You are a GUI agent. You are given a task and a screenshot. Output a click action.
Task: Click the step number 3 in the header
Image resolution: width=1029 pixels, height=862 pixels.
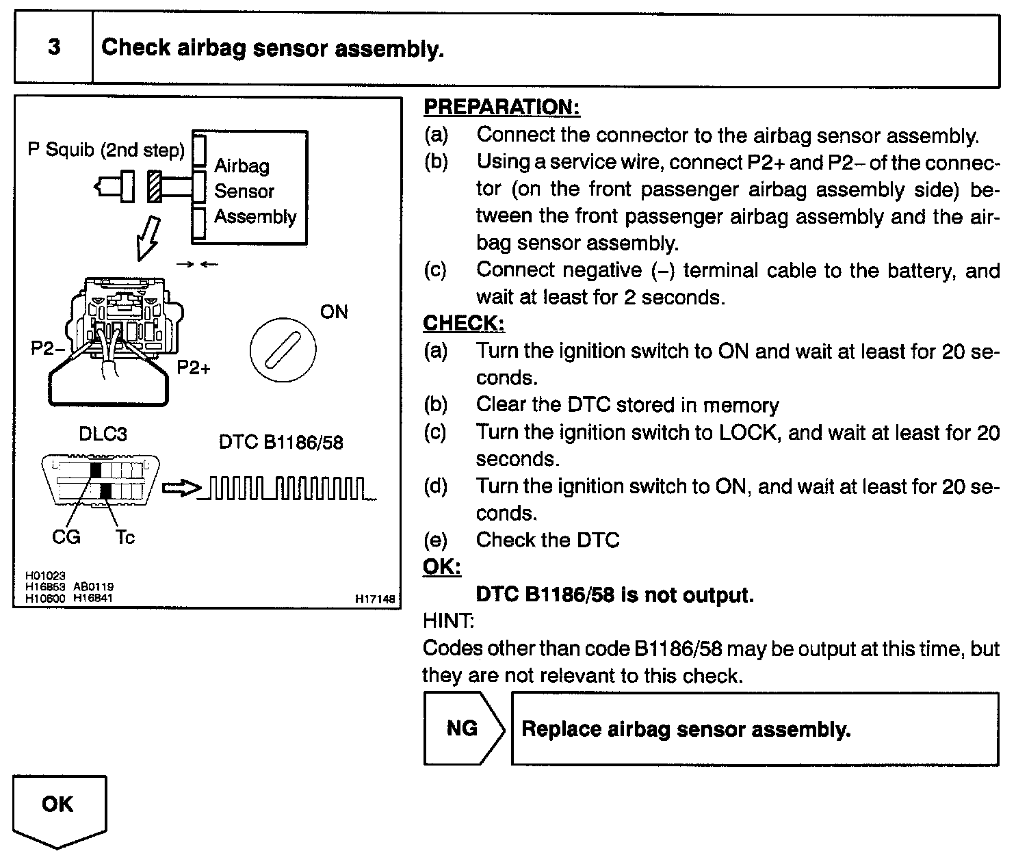click(53, 47)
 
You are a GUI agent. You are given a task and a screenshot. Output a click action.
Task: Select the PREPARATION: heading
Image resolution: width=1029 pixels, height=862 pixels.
click(502, 107)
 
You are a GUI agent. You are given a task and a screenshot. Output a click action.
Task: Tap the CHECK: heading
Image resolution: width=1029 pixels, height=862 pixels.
click(463, 323)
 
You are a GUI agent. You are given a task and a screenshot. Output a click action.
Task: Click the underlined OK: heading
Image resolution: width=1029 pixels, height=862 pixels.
click(441, 567)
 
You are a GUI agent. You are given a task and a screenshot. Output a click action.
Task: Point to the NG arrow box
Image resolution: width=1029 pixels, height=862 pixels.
click(463, 728)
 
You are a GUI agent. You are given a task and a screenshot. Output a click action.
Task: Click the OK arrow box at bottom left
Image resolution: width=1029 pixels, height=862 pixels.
click(60, 808)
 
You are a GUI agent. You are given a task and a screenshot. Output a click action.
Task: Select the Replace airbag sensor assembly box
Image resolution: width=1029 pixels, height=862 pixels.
click(754, 729)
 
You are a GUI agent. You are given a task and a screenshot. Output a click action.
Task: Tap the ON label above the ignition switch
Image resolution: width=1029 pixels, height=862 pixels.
click(334, 313)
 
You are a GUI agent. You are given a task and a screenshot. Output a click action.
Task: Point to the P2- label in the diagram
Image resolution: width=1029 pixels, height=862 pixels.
click(47, 349)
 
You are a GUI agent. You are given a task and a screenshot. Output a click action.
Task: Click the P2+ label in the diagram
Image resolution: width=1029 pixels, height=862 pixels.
click(194, 368)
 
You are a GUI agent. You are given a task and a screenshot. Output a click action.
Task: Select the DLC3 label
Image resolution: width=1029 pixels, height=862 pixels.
click(103, 434)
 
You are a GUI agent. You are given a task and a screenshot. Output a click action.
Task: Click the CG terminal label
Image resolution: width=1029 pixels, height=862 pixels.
click(66, 538)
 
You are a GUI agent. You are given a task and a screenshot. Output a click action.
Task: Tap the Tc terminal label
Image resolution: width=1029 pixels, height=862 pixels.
click(125, 538)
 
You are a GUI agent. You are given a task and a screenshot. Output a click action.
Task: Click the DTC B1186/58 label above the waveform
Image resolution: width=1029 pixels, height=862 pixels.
click(281, 443)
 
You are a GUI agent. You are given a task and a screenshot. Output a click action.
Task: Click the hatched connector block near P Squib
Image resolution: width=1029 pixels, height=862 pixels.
click(154, 187)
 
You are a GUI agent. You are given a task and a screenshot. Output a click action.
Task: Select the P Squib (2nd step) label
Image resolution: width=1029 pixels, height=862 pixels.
click(106, 150)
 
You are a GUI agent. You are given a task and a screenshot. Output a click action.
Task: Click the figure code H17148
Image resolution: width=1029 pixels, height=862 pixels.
click(375, 599)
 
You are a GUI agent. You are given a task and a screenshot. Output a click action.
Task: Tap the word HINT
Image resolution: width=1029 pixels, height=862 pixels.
click(448, 621)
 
